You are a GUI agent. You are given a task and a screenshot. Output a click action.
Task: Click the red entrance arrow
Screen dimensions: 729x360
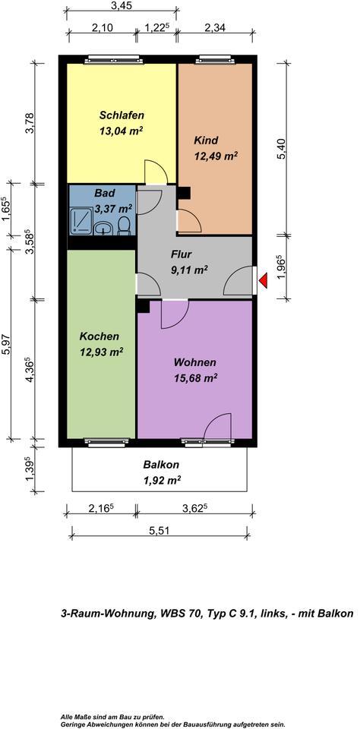pos(263,282)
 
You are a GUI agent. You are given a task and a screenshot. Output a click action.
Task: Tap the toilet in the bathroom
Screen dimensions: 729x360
pos(124,226)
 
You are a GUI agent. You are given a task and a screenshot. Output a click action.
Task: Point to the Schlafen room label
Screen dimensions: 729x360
pos(122,115)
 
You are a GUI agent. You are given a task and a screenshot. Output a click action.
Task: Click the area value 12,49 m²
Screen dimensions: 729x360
pos(216,156)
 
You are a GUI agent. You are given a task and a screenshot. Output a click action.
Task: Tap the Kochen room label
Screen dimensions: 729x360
pos(99,336)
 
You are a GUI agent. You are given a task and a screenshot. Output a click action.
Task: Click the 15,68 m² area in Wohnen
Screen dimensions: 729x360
pos(195,377)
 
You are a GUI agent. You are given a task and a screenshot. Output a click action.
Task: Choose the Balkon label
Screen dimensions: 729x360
pos(162,465)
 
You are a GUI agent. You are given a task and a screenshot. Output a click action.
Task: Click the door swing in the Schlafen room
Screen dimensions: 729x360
pos(155,172)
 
